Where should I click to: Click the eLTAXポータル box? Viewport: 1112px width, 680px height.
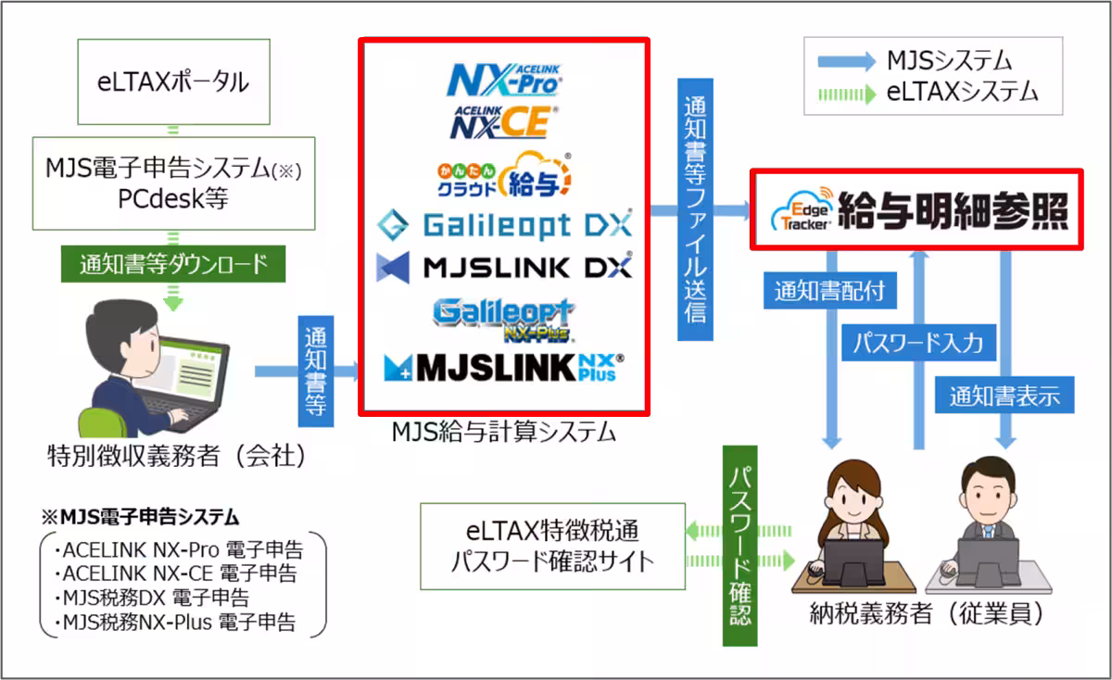[x=173, y=82]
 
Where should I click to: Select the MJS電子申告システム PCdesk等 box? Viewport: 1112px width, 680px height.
[x=173, y=183]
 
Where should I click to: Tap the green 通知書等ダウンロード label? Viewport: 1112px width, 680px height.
[x=173, y=264]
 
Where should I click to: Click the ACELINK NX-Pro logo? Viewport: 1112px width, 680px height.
[x=505, y=79]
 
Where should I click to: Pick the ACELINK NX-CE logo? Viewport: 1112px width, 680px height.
[x=505, y=120]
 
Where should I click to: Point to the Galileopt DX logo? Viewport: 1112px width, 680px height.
[x=505, y=224]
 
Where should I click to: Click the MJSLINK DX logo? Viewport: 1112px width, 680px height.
[x=505, y=267]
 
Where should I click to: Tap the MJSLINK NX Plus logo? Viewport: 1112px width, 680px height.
[x=505, y=368]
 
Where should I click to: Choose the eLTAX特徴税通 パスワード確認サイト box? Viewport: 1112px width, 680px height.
[x=552, y=547]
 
